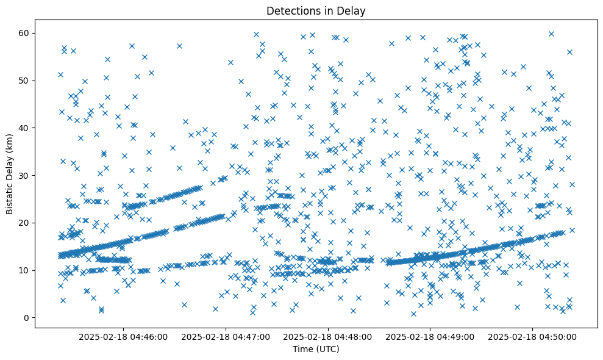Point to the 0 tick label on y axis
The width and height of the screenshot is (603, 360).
[26, 318]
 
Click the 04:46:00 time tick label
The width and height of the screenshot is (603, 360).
[124, 336]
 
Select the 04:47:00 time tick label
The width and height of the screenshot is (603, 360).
[226, 336]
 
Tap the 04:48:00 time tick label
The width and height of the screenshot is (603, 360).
[329, 336]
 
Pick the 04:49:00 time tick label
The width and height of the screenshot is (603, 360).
[431, 336]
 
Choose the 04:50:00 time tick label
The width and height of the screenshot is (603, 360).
[533, 336]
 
